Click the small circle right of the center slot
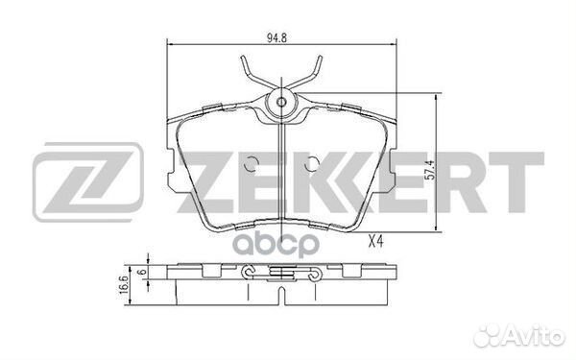(310, 165)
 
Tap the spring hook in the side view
(282, 278)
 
